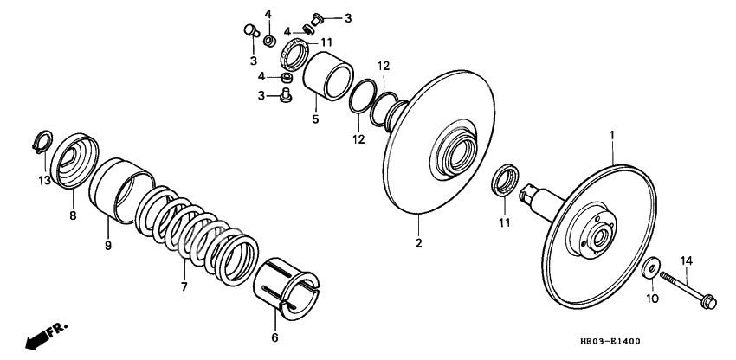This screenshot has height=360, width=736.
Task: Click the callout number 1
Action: click(x=611, y=136)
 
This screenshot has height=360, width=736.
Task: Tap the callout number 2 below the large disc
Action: click(x=418, y=243)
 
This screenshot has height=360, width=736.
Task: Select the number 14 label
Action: click(x=687, y=260)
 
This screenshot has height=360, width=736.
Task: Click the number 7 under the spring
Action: click(x=183, y=286)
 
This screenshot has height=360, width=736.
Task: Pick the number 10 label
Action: click(x=653, y=299)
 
